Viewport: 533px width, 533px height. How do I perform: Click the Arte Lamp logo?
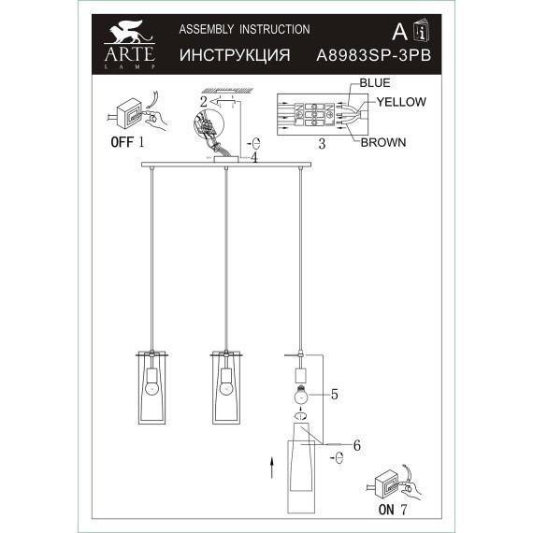(x=125, y=47)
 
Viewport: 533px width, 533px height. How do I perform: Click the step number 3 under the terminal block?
(x=321, y=145)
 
